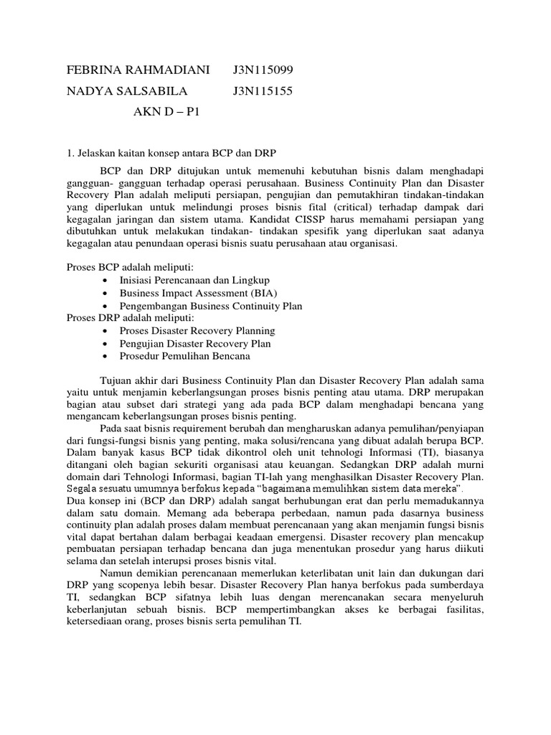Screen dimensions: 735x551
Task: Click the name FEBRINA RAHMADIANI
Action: click(x=138, y=70)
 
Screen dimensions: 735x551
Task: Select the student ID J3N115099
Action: click(x=263, y=70)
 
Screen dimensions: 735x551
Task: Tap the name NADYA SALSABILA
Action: click(x=127, y=91)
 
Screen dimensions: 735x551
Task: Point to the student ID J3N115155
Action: click(x=263, y=91)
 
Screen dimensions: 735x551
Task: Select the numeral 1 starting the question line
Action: click(x=69, y=153)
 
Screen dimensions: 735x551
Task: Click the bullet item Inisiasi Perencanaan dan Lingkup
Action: click(x=194, y=279)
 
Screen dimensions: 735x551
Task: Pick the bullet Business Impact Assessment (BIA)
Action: click(x=198, y=292)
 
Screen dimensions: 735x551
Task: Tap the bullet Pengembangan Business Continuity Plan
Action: click(x=211, y=305)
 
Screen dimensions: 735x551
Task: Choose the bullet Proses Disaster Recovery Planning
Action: click(x=197, y=331)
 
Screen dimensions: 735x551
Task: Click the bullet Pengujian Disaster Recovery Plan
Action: click(x=195, y=344)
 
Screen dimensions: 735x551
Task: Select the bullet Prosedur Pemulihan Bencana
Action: click(x=185, y=356)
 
